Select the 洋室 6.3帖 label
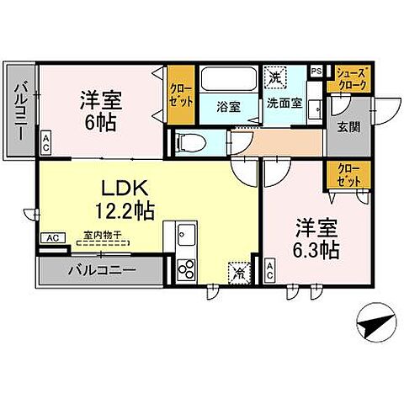316,238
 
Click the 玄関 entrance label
348,127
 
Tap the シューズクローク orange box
349,80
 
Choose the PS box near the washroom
316,72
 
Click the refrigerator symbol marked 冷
237,271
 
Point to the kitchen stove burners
186,268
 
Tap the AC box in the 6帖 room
45,143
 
